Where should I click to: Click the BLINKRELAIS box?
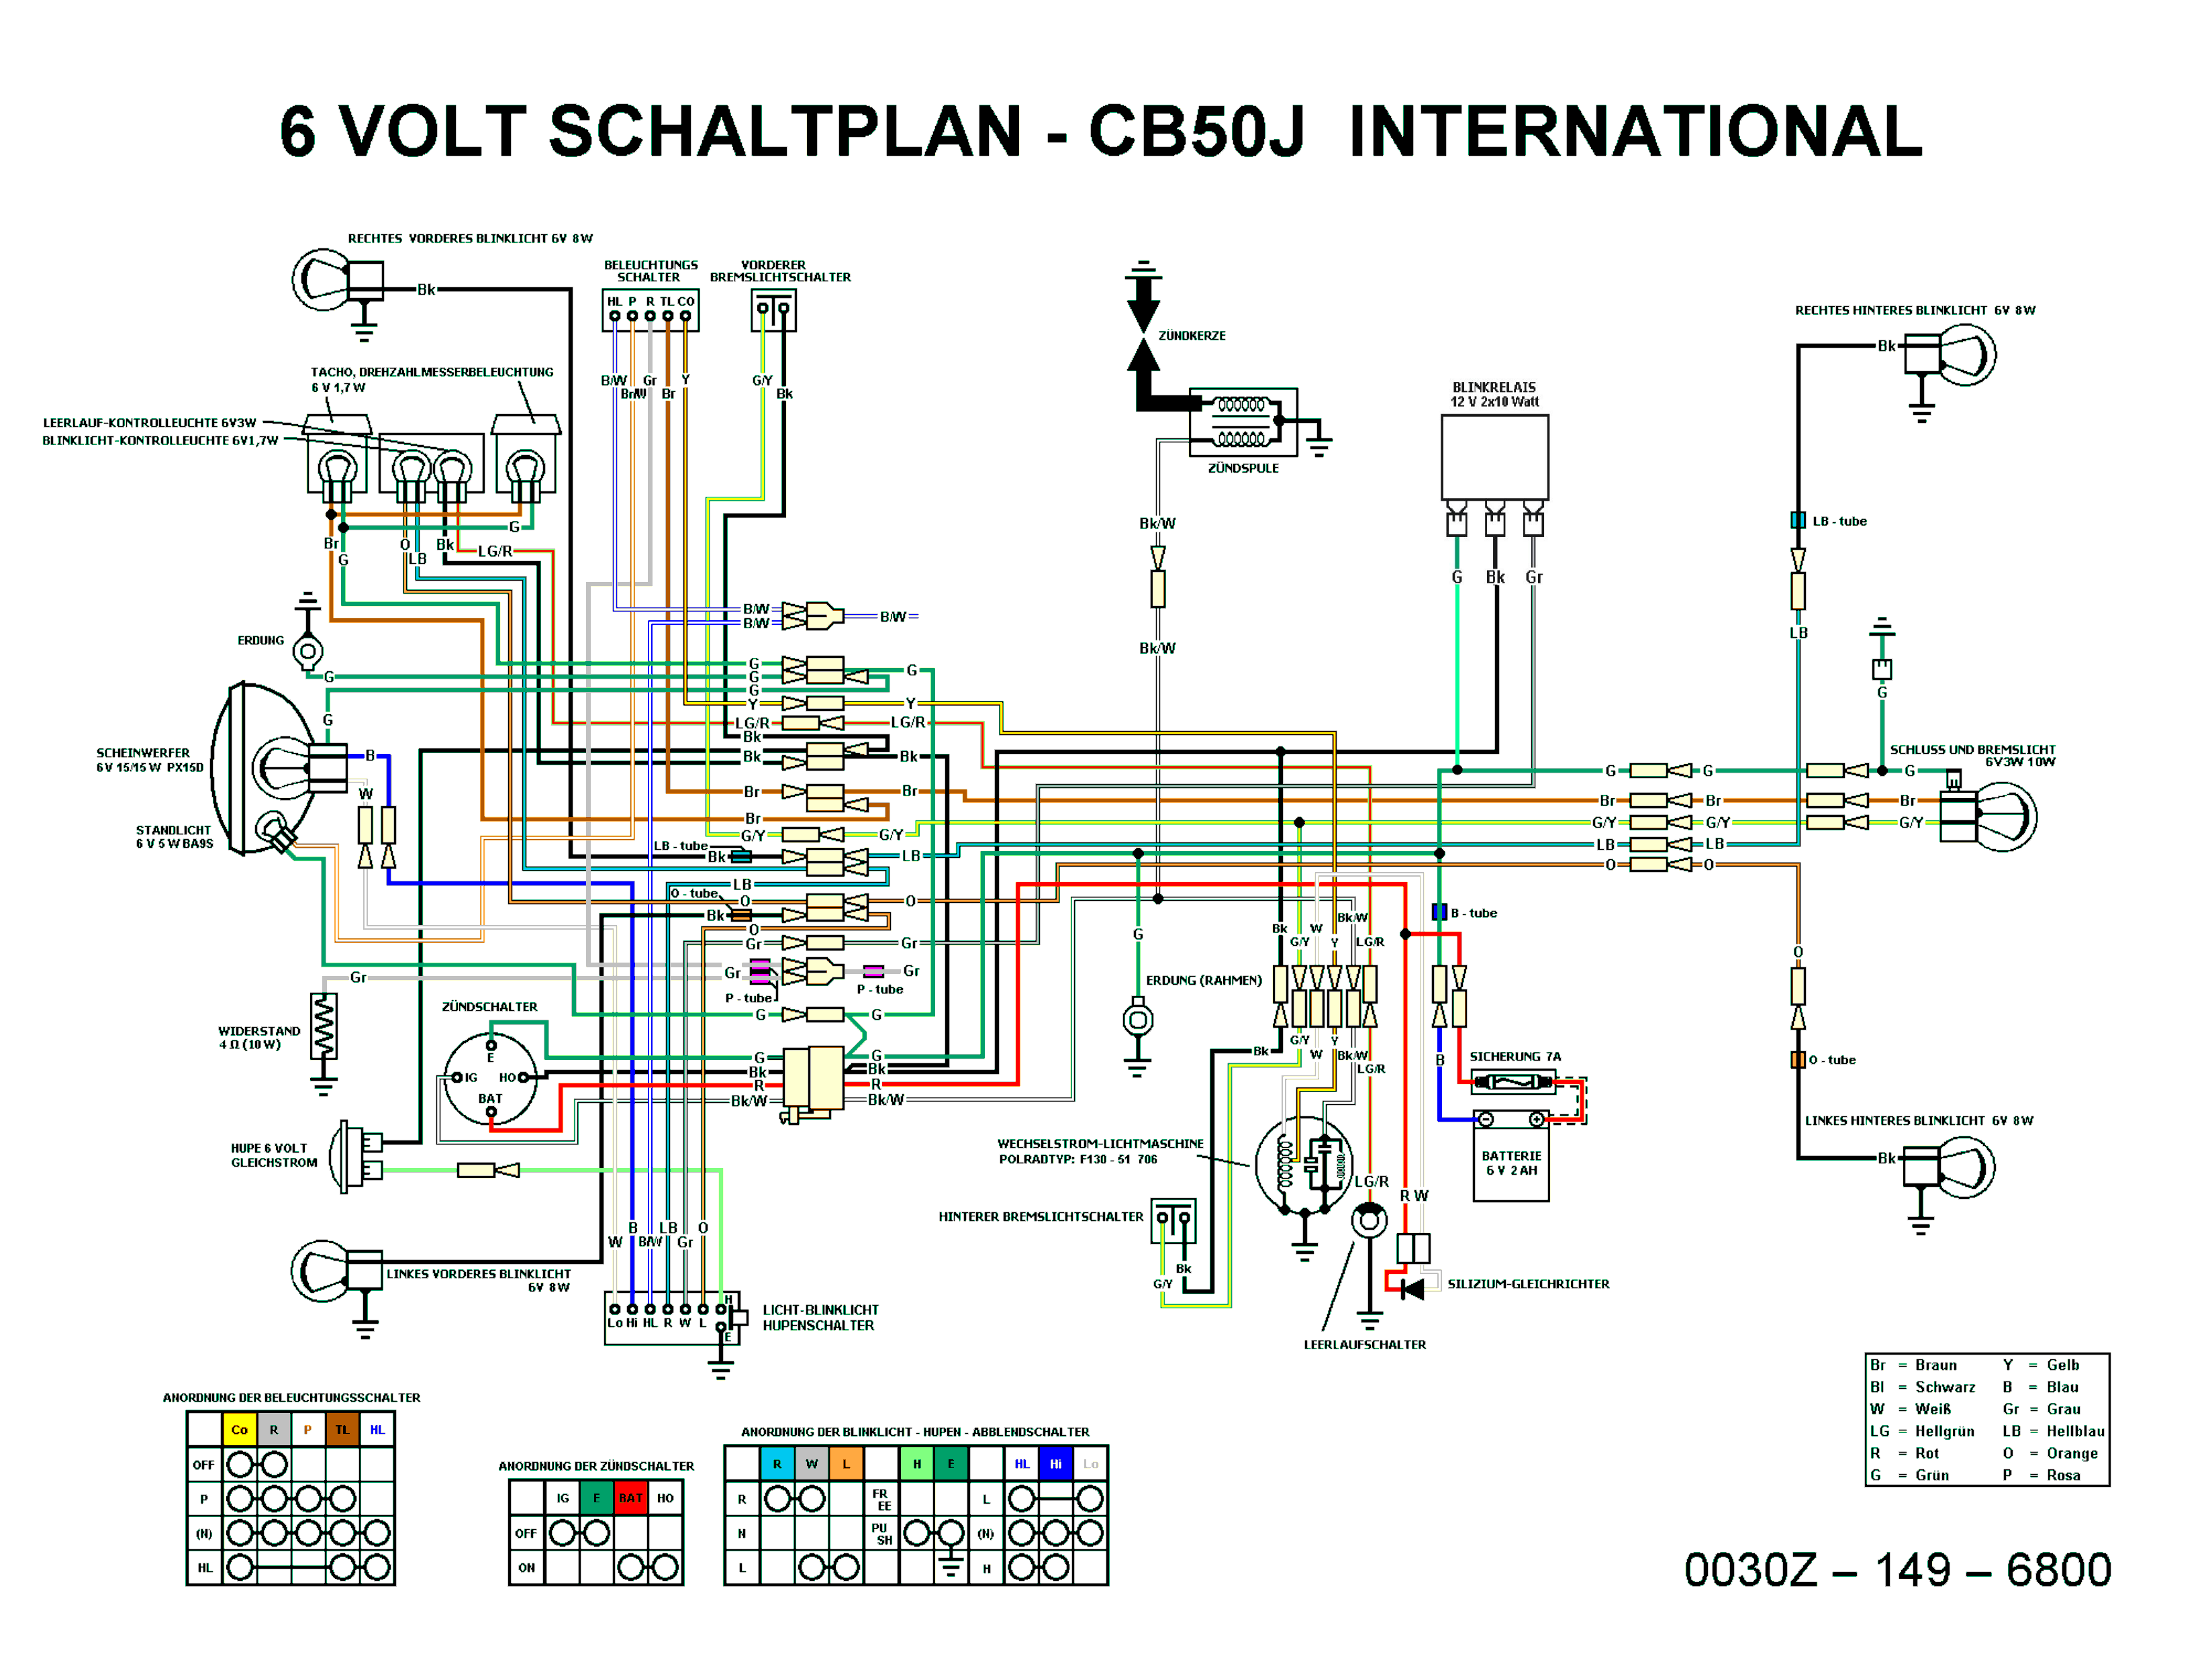[1494, 456]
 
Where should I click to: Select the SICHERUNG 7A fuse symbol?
[1513, 1081]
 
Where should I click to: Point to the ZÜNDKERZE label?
[1192, 336]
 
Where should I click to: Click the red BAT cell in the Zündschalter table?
[630, 1498]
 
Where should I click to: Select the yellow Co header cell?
[240, 1429]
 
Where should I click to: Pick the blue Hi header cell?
[1055, 1463]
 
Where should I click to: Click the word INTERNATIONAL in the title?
[1635, 131]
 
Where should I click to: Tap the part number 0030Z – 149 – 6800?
[1897, 1569]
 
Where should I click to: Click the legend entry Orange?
[2071, 1453]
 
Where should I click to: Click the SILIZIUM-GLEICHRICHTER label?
[1527, 1283]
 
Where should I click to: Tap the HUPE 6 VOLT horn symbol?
[355, 1156]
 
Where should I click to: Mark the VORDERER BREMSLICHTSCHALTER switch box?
[773, 309]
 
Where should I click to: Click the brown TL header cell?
[342, 1429]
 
